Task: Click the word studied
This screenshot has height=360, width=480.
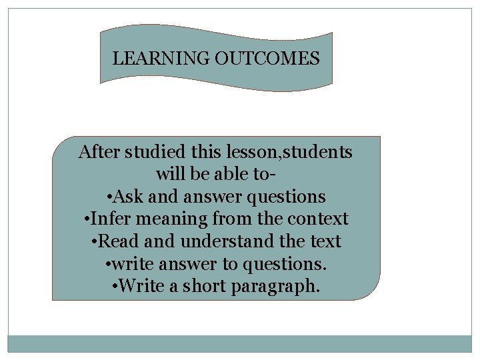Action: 147,152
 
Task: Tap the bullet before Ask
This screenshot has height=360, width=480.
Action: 109,197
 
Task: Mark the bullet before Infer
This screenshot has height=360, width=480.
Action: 88,219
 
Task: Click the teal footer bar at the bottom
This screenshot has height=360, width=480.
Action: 240,343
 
